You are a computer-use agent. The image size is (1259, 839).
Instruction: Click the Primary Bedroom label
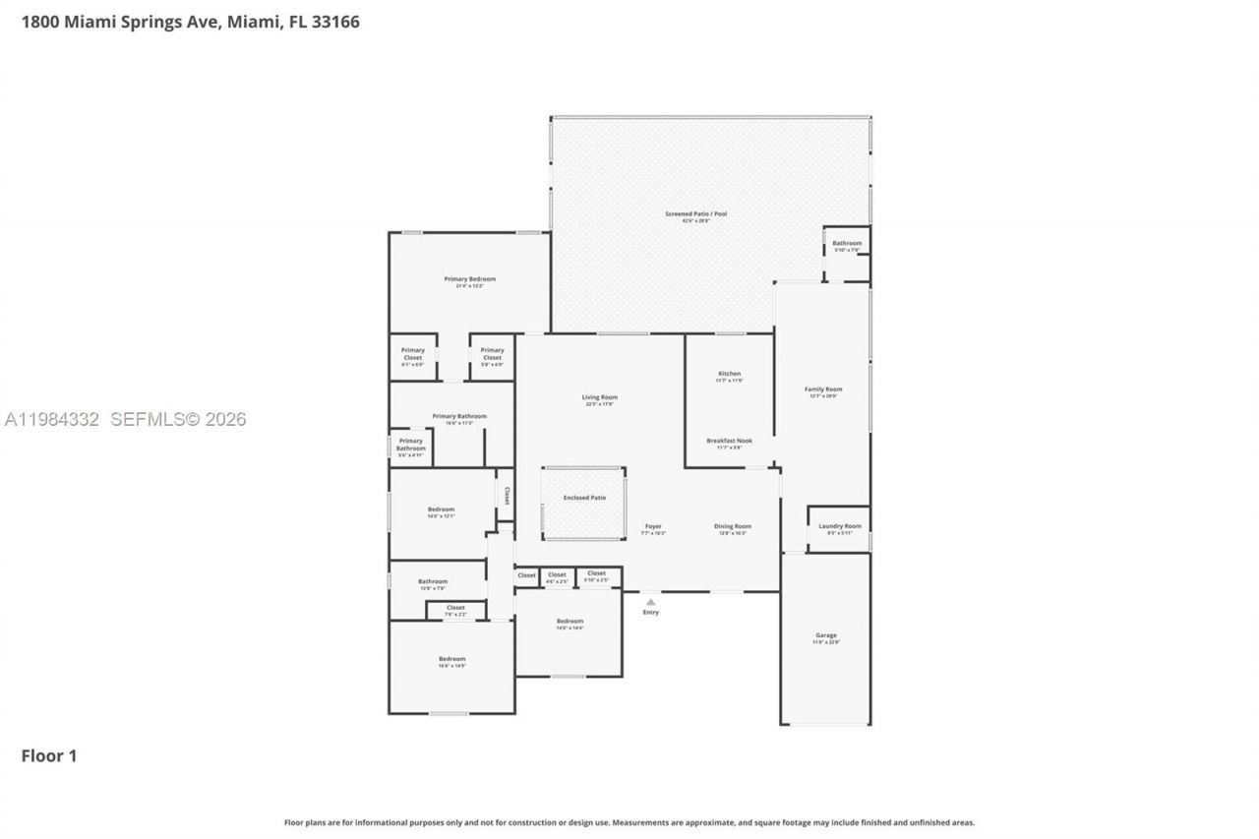[x=469, y=279]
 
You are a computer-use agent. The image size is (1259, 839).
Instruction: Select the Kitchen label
[x=729, y=375]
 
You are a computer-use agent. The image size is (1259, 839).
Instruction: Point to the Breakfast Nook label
[x=729, y=441]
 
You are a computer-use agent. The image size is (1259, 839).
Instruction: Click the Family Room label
[x=825, y=390]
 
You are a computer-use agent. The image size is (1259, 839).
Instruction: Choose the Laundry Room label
[x=839, y=526]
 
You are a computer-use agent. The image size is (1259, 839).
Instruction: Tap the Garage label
[x=825, y=635]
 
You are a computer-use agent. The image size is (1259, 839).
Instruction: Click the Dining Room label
[x=732, y=526]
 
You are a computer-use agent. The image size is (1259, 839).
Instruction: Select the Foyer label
[x=653, y=526]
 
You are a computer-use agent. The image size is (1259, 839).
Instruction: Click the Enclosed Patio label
[x=584, y=498]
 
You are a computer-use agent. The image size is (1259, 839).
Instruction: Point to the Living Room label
[x=600, y=397]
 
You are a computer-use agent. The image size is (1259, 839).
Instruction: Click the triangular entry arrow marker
[x=650, y=601]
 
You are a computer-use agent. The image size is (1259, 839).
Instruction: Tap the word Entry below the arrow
[x=651, y=613]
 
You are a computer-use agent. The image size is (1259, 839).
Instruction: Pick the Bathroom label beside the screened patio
[x=847, y=243]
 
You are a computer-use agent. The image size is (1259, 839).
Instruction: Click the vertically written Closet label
[x=507, y=495]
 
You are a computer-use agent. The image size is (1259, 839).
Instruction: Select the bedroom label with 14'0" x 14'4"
[x=570, y=622]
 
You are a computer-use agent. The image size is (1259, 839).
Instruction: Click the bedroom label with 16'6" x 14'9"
[x=451, y=659]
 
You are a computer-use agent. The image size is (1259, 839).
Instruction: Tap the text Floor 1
[x=49, y=755]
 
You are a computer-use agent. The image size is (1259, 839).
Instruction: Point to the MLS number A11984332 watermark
[x=52, y=420]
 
